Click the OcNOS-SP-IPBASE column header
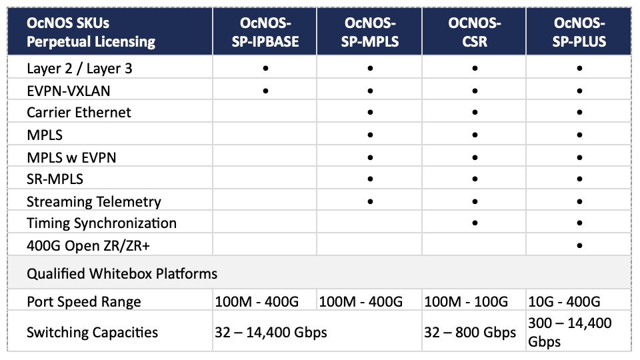pos(265,32)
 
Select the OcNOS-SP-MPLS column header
pos(370,32)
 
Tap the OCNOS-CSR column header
pos(474,32)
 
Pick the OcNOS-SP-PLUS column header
pos(579,32)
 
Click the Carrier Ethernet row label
pos(79,112)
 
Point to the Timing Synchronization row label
pos(101,223)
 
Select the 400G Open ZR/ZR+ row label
pos(88,246)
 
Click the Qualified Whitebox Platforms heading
pos(121,273)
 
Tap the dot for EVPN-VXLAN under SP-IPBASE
pos(265,91)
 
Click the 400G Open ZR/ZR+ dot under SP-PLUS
pos(579,246)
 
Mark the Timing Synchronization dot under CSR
pos(474,223)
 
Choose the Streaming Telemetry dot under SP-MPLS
pos(370,201)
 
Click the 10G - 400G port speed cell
pos(564,301)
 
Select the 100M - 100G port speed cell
pos(466,301)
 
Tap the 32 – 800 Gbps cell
pos(470,332)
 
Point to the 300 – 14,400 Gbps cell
pos(570,332)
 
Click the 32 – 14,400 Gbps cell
pos(271,332)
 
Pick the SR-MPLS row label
pos(55,179)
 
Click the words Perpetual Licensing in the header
pos(91,41)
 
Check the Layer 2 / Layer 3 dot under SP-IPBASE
pos(265,68)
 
